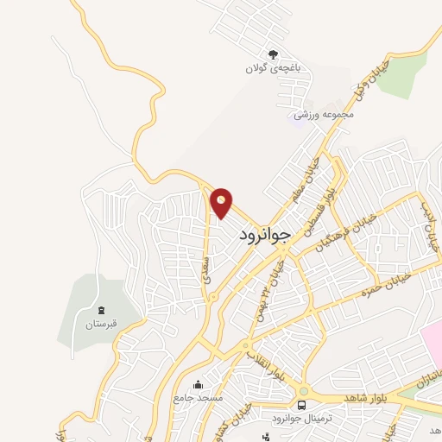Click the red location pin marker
tap(222, 202)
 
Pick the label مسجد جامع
tap(198, 399)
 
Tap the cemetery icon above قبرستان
tap(101, 311)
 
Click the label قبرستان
tap(100, 325)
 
